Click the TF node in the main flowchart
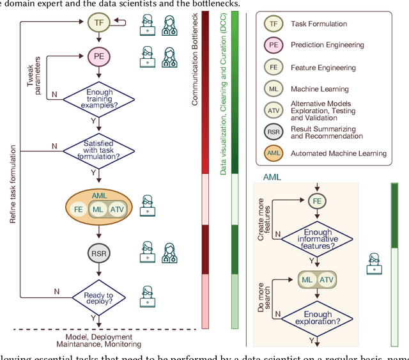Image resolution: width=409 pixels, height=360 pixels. [98, 24]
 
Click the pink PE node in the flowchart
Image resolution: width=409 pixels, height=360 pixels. [98, 56]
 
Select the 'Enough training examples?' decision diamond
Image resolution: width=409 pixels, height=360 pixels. [98, 98]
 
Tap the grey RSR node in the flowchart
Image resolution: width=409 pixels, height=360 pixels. [98, 253]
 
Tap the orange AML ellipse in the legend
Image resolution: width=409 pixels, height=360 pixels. [273, 153]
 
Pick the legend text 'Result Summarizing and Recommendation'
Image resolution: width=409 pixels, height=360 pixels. [327, 132]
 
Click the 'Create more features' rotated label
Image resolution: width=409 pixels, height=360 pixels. [263, 224]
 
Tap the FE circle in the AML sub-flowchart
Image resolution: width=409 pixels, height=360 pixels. [316, 200]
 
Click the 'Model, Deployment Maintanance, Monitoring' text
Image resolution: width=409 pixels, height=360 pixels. [98, 341]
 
